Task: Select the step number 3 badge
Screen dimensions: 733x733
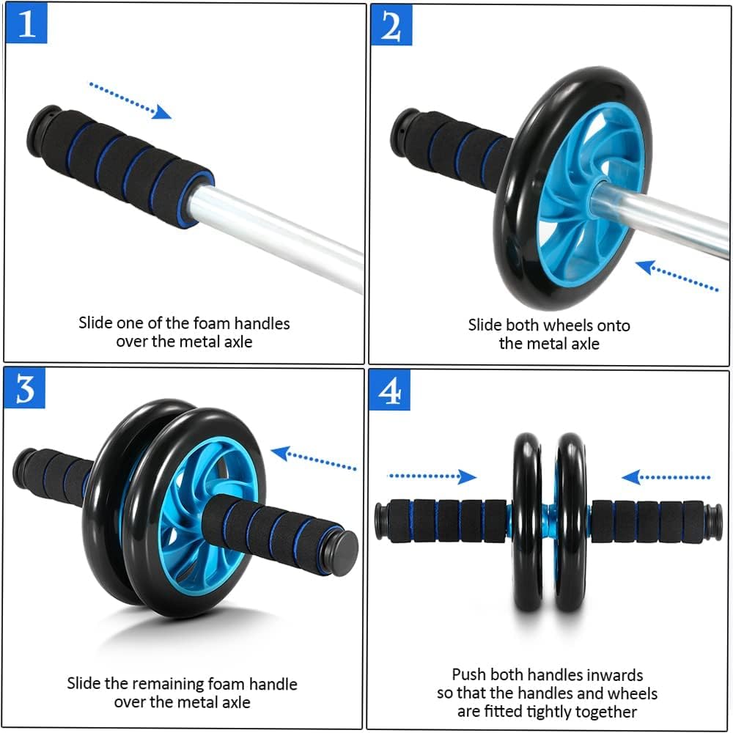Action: click(26, 388)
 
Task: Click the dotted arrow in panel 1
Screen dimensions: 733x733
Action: click(130, 100)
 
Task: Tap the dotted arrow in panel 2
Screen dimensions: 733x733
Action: click(677, 276)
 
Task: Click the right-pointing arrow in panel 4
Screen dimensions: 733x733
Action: click(432, 477)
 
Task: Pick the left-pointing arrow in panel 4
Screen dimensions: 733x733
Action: click(666, 478)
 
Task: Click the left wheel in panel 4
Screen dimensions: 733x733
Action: click(527, 522)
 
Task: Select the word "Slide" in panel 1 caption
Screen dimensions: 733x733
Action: click(97, 323)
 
